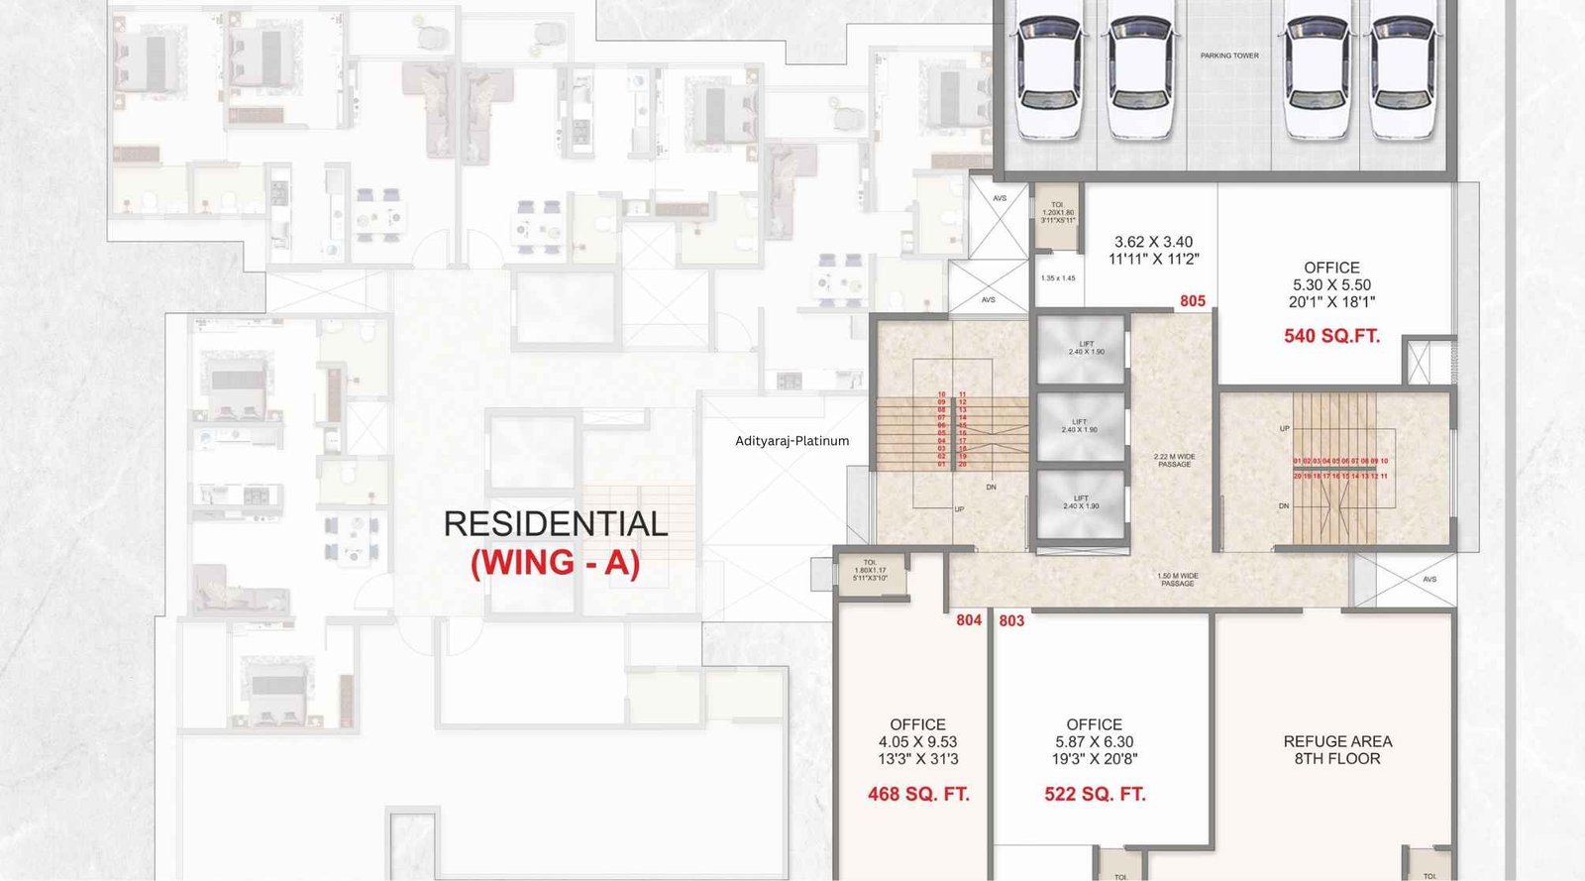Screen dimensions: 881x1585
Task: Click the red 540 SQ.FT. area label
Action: pyautogui.click(x=1331, y=336)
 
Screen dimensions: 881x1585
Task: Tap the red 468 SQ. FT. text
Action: pyautogui.click(x=918, y=794)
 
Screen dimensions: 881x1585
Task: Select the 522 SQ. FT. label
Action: pyautogui.click(x=1095, y=794)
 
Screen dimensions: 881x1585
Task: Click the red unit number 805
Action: pyautogui.click(x=1193, y=301)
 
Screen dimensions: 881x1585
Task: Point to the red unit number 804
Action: pyautogui.click(x=969, y=620)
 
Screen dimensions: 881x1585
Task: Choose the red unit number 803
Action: pyautogui.click(x=1011, y=620)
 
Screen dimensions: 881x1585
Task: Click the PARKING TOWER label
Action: pyautogui.click(x=1229, y=55)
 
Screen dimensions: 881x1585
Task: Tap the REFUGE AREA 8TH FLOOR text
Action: pyautogui.click(x=1337, y=749)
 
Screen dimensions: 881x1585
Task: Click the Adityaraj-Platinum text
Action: pyautogui.click(x=792, y=441)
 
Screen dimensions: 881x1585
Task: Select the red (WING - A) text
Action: pyautogui.click(x=555, y=563)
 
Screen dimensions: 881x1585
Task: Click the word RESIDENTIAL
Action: pyautogui.click(x=555, y=523)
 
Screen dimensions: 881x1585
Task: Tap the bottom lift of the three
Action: pyautogui.click(x=1080, y=502)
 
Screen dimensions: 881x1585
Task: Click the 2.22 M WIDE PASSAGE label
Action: pyautogui.click(x=1174, y=460)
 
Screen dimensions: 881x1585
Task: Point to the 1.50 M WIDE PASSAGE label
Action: pyautogui.click(x=1177, y=580)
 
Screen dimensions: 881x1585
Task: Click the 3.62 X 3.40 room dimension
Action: pyautogui.click(x=1153, y=242)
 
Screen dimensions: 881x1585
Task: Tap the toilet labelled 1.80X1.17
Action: pyautogui.click(x=870, y=571)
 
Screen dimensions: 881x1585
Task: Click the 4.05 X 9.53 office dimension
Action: pyautogui.click(x=917, y=741)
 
